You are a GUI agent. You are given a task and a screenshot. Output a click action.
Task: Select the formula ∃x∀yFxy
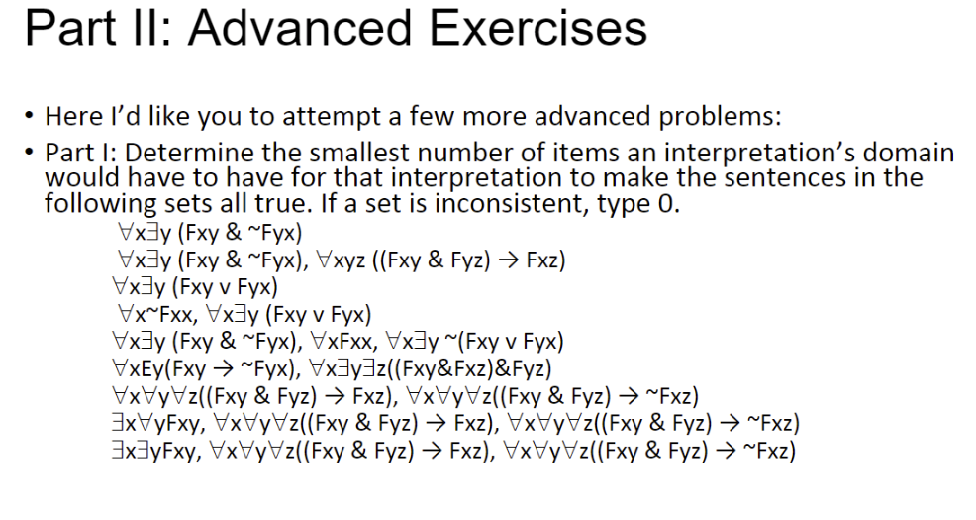pos(162,425)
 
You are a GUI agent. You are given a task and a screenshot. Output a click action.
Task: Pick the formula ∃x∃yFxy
pos(162,452)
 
